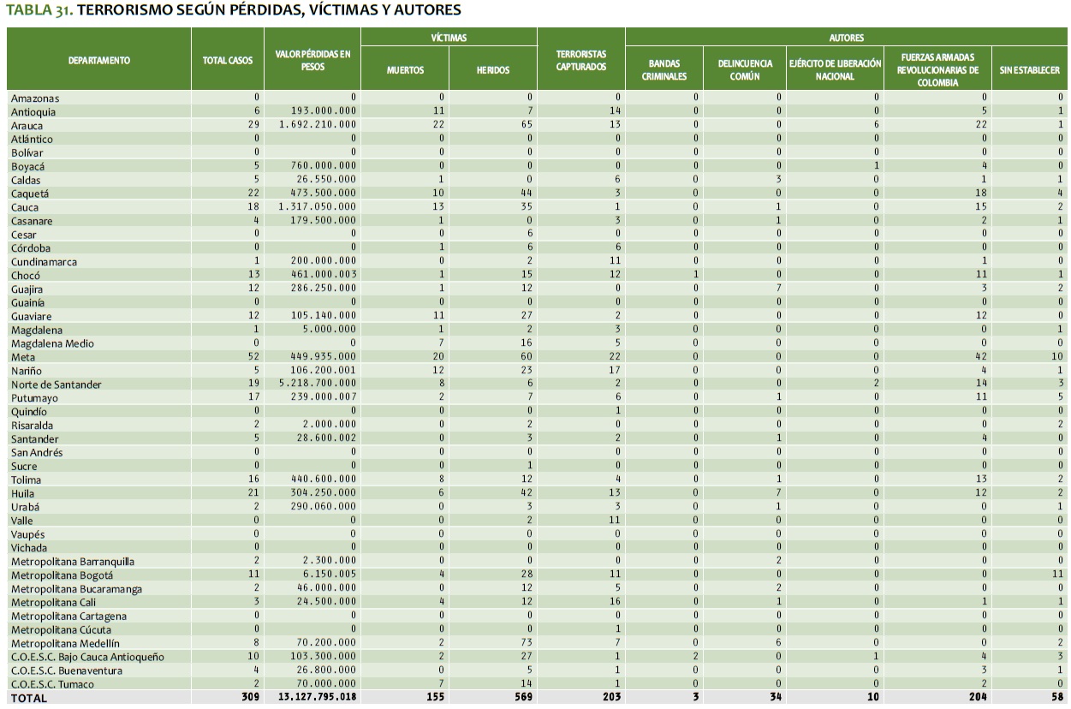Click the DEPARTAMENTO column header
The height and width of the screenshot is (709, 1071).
point(99,60)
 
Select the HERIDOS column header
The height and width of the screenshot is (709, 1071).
point(493,70)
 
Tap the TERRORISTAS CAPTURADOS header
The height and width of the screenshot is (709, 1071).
point(581,60)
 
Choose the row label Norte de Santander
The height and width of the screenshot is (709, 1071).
point(56,384)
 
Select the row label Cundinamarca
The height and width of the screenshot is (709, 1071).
point(44,262)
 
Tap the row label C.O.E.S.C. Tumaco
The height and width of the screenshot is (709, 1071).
point(52,684)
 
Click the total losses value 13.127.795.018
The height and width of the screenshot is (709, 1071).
point(314,697)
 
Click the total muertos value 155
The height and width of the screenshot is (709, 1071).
point(435,697)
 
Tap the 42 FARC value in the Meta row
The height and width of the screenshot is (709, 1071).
point(957,357)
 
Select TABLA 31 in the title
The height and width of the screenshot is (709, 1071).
point(39,11)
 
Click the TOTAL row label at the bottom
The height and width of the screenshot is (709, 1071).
point(29,698)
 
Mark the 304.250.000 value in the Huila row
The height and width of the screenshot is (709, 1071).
point(321,493)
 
